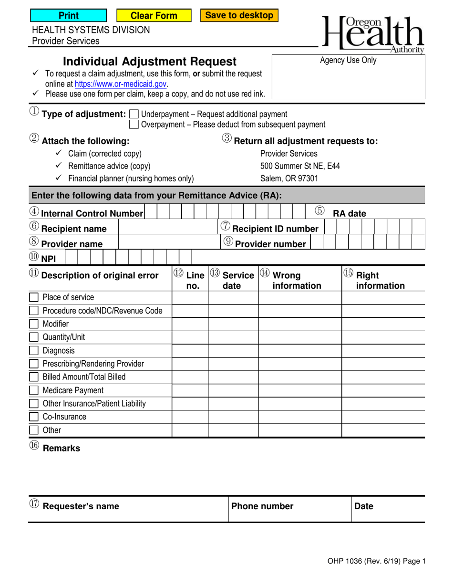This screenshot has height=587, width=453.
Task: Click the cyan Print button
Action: click(69, 16)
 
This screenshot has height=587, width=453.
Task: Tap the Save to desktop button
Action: click(239, 15)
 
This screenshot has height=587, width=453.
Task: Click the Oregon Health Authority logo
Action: click(373, 33)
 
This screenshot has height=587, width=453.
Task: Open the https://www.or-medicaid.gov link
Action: click(121, 84)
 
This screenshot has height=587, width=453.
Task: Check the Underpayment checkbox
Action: click(134, 114)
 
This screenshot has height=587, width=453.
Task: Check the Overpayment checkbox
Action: click(134, 125)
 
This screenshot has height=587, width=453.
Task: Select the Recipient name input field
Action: click(168, 228)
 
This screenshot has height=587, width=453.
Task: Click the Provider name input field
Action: click(168, 243)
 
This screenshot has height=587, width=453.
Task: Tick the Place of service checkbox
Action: click(34, 297)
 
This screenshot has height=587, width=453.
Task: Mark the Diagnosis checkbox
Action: click(34, 351)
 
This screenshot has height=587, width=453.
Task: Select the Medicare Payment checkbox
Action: click(34, 390)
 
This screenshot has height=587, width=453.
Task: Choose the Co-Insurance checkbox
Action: click(34, 417)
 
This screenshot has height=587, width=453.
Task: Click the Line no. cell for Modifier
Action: click(190, 324)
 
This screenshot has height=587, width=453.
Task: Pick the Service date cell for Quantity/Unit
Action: click(233, 337)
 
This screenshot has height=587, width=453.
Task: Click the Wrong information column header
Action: click(296, 281)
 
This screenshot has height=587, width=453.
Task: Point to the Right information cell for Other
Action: click(383, 430)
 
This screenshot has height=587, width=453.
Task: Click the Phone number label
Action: click(262, 506)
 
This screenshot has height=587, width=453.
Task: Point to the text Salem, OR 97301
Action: click(289, 178)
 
